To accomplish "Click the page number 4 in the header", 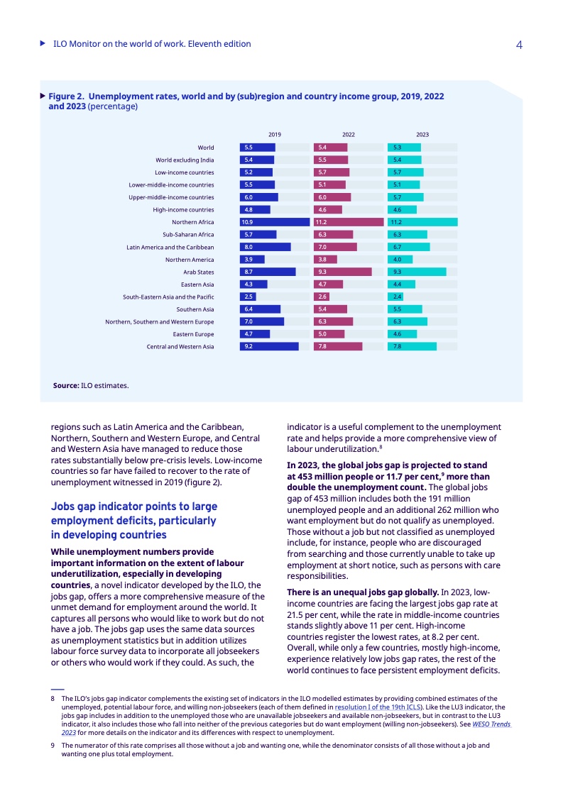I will [x=519, y=45].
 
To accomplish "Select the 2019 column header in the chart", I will [x=275, y=134].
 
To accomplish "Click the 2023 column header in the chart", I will [x=422, y=134].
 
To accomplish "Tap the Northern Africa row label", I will [x=193, y=222].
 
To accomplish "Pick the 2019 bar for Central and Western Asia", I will [x=269, y=346].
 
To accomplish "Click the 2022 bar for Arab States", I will [x=342, y=272].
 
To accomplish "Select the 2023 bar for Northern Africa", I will [x=422, y=222].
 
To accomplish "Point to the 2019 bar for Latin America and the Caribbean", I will [x=265, y=247].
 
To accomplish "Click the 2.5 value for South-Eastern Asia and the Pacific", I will [x=248, y=297].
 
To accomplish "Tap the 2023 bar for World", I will [x=404, y=148].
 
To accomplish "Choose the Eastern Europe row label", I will [x=193, y=333].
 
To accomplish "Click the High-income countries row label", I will [x=183, y=209].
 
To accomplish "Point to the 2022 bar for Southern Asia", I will [x=330, y=309].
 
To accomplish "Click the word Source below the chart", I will [x=65, y=386].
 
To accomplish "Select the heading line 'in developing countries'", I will [x=109, y=535].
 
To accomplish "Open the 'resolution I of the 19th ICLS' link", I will [x=378, y=707].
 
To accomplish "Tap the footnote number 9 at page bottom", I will [x=53, y=746].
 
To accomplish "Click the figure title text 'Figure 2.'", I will [x=67, y=95].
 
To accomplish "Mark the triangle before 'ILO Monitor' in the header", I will [x=43, y=44].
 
